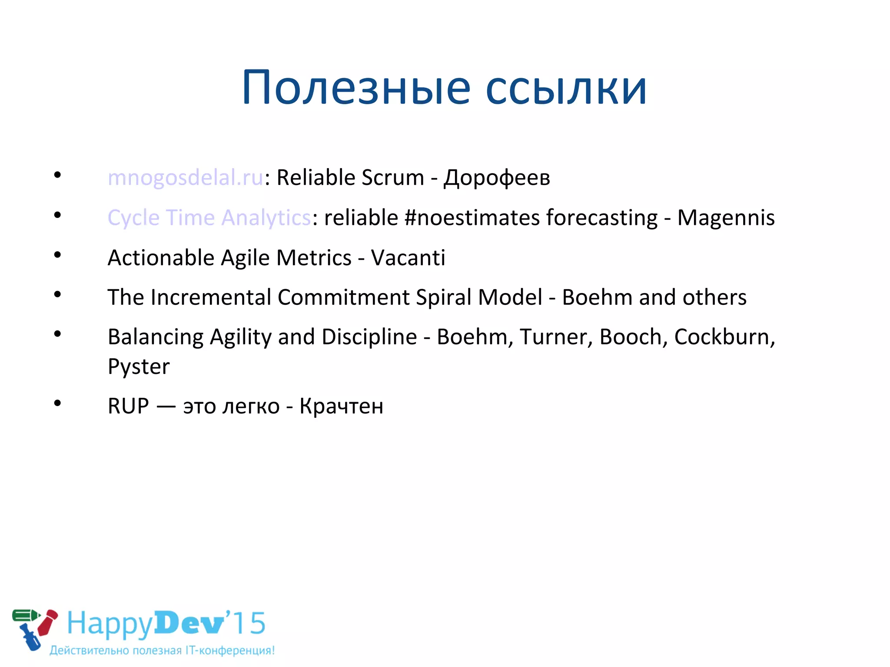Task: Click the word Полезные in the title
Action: (356, 89)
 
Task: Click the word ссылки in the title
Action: (566, 89)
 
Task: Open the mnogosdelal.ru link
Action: (185, 178)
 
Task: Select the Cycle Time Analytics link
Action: (209, 218)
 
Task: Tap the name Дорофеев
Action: (497, 178)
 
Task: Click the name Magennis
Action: (726, 218)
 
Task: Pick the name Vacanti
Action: (408, 258)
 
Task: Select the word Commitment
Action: (343, 298)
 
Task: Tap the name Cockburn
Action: (724, 337)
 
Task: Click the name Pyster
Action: (139, 367)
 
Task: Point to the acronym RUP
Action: (128, 406)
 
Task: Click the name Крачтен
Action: (341, 406)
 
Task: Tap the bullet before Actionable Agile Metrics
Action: (57, 255)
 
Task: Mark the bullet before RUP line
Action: (57, 404)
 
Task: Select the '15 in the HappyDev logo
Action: (247, 624)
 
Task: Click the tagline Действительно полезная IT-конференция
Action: (162, 650)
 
